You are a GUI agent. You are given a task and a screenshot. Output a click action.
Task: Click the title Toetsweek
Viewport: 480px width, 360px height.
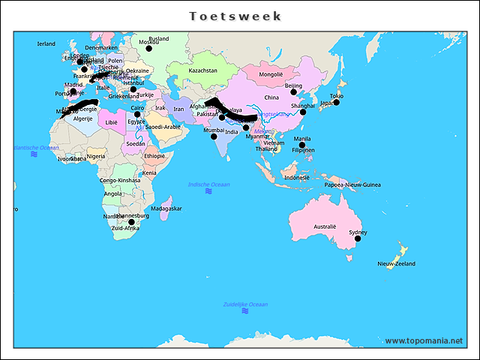tap(235, 16)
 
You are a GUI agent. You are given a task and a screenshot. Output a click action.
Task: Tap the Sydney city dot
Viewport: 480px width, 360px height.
tap(358, 238)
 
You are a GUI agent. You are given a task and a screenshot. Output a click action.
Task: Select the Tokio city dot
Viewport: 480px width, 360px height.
tap(336, 102)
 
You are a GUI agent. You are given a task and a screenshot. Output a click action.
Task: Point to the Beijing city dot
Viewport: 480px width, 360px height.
tap(294, 91)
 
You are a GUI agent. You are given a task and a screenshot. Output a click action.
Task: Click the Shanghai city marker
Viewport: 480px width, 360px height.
tap(303, 112)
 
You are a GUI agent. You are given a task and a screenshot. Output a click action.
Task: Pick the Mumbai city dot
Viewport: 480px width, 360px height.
tap(214, 136)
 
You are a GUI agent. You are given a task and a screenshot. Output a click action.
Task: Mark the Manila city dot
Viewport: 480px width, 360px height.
tap(302, 145)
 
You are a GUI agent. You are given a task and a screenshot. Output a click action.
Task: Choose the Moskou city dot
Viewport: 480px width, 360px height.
tap(148, 48)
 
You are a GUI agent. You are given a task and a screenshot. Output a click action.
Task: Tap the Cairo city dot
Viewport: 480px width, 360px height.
tap(137, 114)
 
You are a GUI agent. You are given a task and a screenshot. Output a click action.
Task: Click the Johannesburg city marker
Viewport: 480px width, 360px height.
tap(130, 222)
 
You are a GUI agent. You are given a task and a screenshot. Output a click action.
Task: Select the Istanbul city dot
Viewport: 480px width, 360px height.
tap(133, 89)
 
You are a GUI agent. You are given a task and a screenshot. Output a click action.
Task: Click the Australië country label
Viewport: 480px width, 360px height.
tap(325, 226)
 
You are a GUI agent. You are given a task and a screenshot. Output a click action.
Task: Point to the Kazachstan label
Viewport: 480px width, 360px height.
tap(202, 70)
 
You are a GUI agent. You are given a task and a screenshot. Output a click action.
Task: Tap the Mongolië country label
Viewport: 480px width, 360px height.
tap(271, 74)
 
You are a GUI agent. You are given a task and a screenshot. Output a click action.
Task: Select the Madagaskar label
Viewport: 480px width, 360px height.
tap(166, 208)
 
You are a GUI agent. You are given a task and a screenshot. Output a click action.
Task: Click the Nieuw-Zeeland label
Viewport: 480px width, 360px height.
tap(396, 264)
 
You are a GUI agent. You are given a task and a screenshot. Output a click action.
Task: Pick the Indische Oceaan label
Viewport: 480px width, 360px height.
tap(208, 184)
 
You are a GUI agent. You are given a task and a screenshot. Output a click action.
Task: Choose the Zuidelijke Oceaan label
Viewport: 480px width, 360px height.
tap(245, 304)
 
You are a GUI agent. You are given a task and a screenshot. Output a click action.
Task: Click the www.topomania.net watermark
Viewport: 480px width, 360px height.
tap(424, 340)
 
